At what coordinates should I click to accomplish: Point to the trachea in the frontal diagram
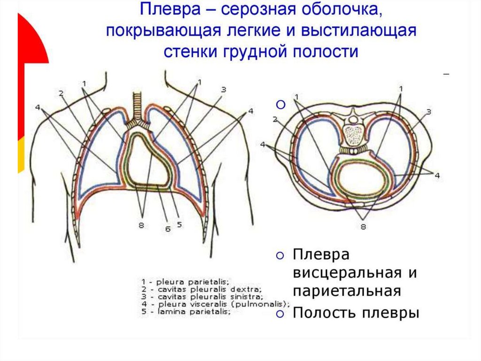tap(138, 106)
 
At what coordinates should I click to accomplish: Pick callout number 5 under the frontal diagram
tap(179, 225)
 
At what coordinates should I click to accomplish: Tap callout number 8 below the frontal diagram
tap(141, 225)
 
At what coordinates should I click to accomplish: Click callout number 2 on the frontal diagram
tap(61, 93)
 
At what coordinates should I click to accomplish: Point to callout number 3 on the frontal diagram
tap(224, 89)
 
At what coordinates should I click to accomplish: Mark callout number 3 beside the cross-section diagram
tap(429, 112)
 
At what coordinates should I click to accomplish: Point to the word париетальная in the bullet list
tap(347, 290)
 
